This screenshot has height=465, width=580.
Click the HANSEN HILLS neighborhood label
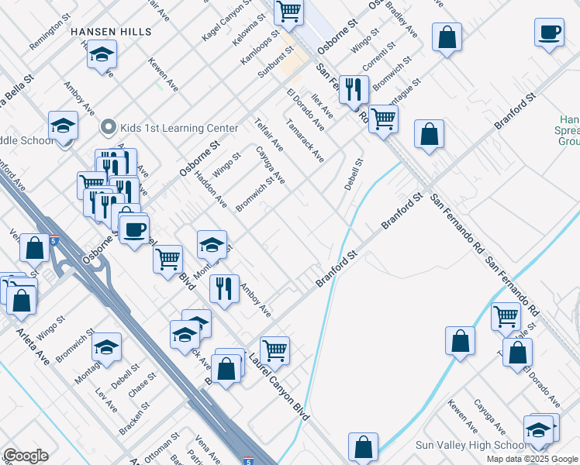click(110, 32)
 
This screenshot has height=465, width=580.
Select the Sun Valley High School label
click(471, 445)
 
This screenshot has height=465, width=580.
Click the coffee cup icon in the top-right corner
click(549, 33)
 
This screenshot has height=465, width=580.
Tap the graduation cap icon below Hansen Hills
click(102, 55)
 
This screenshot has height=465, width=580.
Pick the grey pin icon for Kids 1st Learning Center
click(109, 126)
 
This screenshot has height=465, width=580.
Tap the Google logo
click(26, 456)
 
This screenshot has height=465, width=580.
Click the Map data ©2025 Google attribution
click(531, 459)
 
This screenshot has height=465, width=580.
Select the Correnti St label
click(381, 57)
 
